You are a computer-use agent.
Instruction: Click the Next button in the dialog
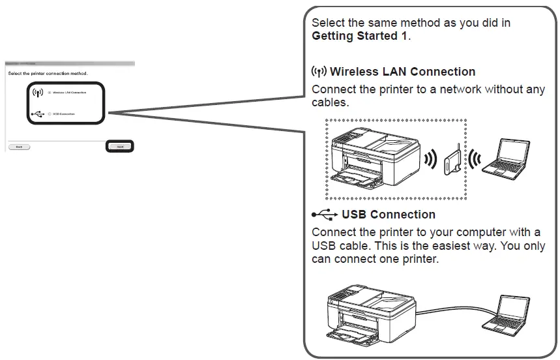point(120,147)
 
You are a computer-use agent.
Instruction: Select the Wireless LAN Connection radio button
point(50,93)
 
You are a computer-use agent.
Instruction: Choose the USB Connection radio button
point(50,114)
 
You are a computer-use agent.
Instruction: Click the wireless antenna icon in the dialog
point(37,93)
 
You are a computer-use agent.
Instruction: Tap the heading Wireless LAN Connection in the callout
point(402,72)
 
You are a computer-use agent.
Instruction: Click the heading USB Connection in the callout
point(388,215)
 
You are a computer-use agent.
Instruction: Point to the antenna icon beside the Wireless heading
point(319,71)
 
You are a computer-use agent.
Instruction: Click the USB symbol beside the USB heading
point(325,215)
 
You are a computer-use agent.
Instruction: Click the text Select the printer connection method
point(48,73)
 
